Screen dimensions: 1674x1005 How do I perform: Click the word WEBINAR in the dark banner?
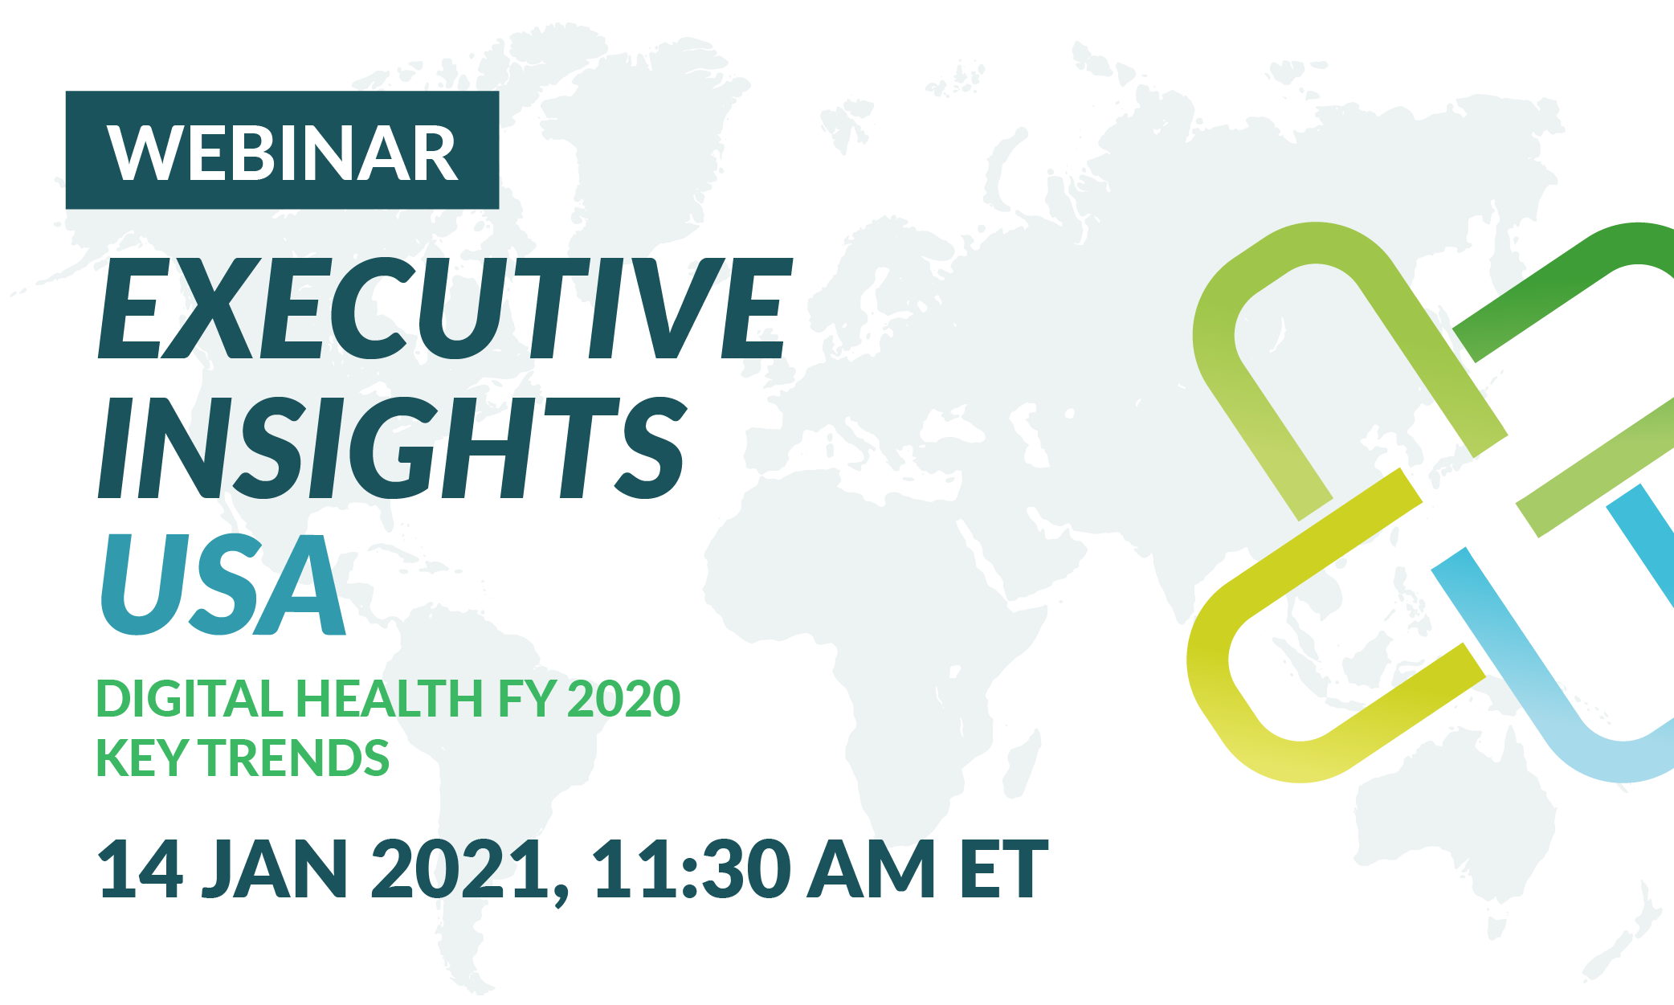coord(283,153)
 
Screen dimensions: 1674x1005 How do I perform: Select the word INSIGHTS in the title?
coord(393,447)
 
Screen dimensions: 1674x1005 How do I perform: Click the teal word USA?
coord(223,584)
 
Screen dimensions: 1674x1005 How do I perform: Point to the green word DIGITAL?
coord(190,698)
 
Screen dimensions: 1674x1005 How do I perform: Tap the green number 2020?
coord(624,698)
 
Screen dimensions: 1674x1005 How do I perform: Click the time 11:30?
coord(687,868)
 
